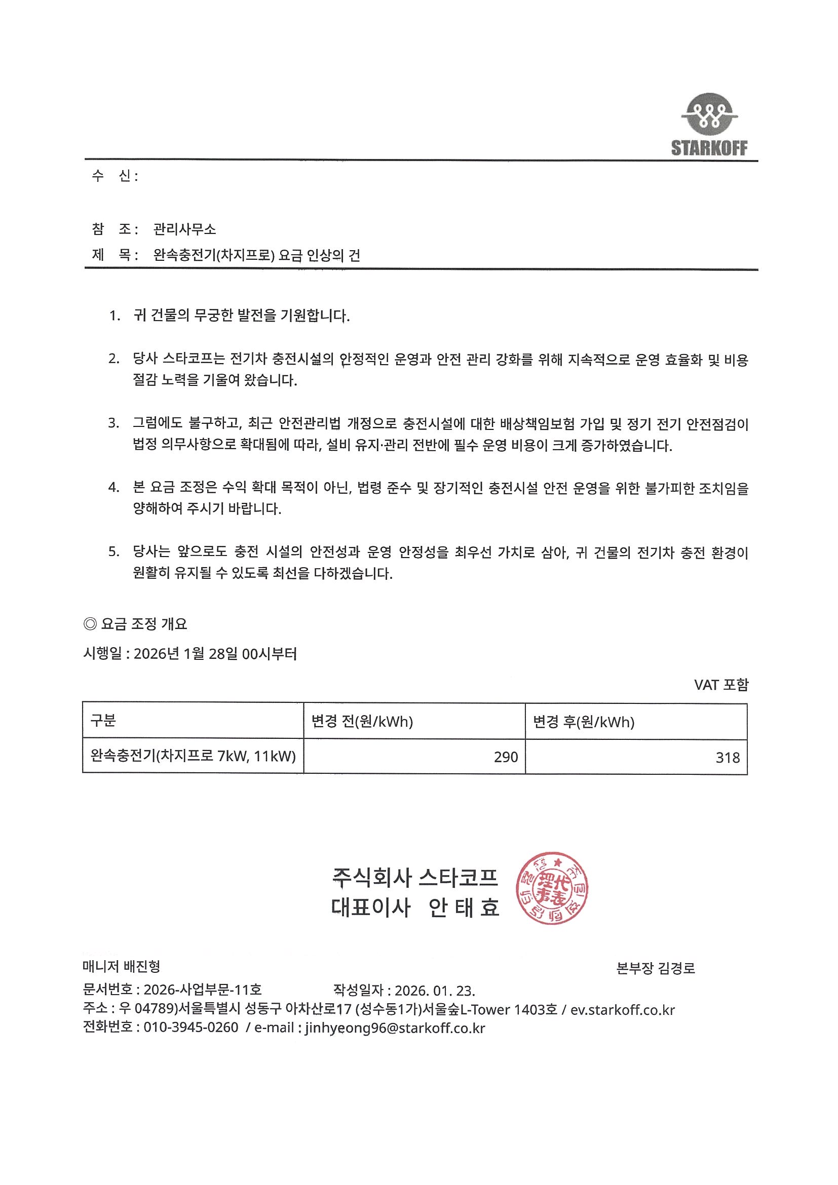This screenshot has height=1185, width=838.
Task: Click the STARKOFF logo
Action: click(x=709, y=126)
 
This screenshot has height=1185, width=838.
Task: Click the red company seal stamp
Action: click(x=551, y=888)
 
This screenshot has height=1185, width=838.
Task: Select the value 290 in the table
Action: click(x=506, y=757)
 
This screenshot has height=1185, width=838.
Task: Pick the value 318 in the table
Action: click(x=728, y=758)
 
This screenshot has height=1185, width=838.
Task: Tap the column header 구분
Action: click(x=103, y=721)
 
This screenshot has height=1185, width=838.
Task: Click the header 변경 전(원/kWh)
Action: click(x=362, y=721)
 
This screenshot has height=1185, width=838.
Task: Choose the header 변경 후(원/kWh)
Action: click(x=584, y=722)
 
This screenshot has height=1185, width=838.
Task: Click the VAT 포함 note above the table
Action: click(x=721, y=685)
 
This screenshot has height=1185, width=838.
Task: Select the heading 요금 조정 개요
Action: click(x=143, y=624)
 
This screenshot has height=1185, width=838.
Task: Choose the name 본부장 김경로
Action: click(x=656, y=968)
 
